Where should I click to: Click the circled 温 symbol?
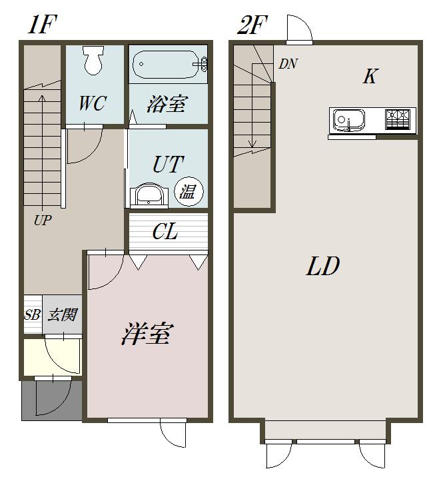click(x=186, y=191)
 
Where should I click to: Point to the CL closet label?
click(x=165, y=233)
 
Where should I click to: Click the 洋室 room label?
click(x=147, y=333)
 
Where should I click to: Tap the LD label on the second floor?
click(x=323, y=267)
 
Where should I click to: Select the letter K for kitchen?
click(x=370, y=77)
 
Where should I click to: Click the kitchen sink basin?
click(x=349, y=121)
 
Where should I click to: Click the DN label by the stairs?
click(x=288, y=64)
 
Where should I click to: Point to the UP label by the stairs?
click(x=43, y=219)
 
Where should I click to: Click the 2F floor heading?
click(x=252, y=25)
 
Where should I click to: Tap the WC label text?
click(x=93, y=103)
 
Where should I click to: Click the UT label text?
click(x=167, y=165)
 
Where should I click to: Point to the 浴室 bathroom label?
click(x=167, y=104)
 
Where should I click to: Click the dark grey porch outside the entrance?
click(x=51, y=400)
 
